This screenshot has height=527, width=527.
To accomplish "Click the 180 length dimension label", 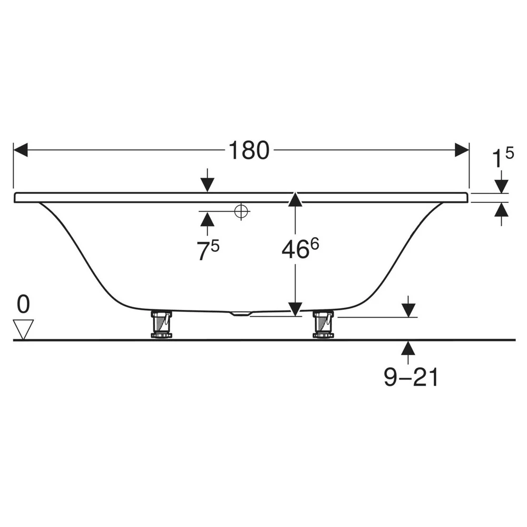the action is tap(249, 150).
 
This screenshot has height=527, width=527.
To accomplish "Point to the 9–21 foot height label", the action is tap(411, 377).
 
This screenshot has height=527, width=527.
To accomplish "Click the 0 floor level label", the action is tap(23, 304).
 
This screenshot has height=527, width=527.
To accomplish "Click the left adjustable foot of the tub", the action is tap(162, 324).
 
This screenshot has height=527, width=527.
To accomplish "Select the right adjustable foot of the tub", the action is tap(324, 324).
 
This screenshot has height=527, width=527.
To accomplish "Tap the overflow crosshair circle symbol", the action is tap(241, 211).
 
